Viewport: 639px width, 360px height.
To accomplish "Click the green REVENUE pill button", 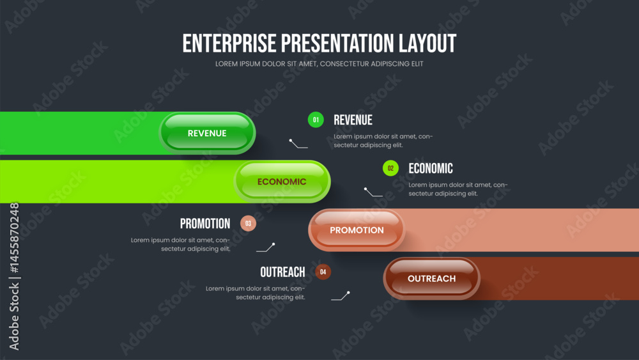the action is click(x=207, y=133).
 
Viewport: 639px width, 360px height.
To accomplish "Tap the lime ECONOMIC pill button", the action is click(x=282, y=182).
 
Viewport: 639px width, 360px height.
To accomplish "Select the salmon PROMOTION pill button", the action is click(x=357, y=230).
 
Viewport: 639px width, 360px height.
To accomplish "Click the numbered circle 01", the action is click(x=316, y=120).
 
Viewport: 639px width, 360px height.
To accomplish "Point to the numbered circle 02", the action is click(x=390, y=168).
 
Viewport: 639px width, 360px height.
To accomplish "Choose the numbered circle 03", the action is click(x=248, y=223).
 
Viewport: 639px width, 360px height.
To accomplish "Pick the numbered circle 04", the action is click(x=323, y=272).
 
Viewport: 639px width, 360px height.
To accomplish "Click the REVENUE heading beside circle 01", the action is click(x=353, y=120).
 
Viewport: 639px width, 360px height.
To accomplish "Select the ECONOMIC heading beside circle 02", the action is click(x=431, y=168).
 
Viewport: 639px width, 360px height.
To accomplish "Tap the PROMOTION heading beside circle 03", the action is click(x=205, y=223).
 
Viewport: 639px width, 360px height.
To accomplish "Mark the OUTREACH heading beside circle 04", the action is click(x=282, y=272).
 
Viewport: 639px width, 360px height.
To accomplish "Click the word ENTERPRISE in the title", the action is click(x=229, y=43).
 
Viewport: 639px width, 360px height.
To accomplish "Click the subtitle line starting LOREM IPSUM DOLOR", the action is click(x=319, y=64).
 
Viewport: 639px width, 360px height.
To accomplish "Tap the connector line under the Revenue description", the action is click(x=298, y=143).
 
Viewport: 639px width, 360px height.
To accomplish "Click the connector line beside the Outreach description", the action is click(x=341, y=296).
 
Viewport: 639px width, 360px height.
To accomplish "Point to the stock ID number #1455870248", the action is click(x=14, y=238).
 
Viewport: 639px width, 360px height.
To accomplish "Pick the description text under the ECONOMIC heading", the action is click(x=458, y=189).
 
